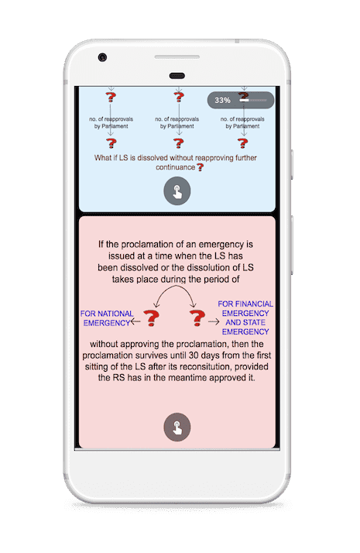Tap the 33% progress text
[222, 100]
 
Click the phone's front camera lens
[103, 57]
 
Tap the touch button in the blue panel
[177, 191]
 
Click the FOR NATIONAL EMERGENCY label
[107, 318]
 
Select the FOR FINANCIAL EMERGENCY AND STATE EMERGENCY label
[245, 318]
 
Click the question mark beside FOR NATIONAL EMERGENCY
[152, 318]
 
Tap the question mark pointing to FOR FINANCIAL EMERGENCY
[197, 318]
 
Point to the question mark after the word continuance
[201, 167]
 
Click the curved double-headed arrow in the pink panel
[175, 286]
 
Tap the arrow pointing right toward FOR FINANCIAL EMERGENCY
[214, 321]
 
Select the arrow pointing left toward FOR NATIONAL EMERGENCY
[135, 321]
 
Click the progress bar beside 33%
[253, 100]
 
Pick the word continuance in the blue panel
[175, 167]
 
